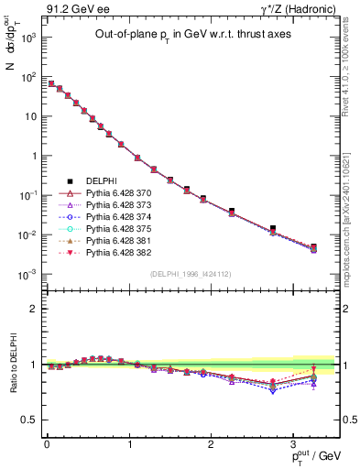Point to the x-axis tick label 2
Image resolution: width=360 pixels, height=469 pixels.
(212, 442)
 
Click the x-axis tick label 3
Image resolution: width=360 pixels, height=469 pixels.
(294, 442)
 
